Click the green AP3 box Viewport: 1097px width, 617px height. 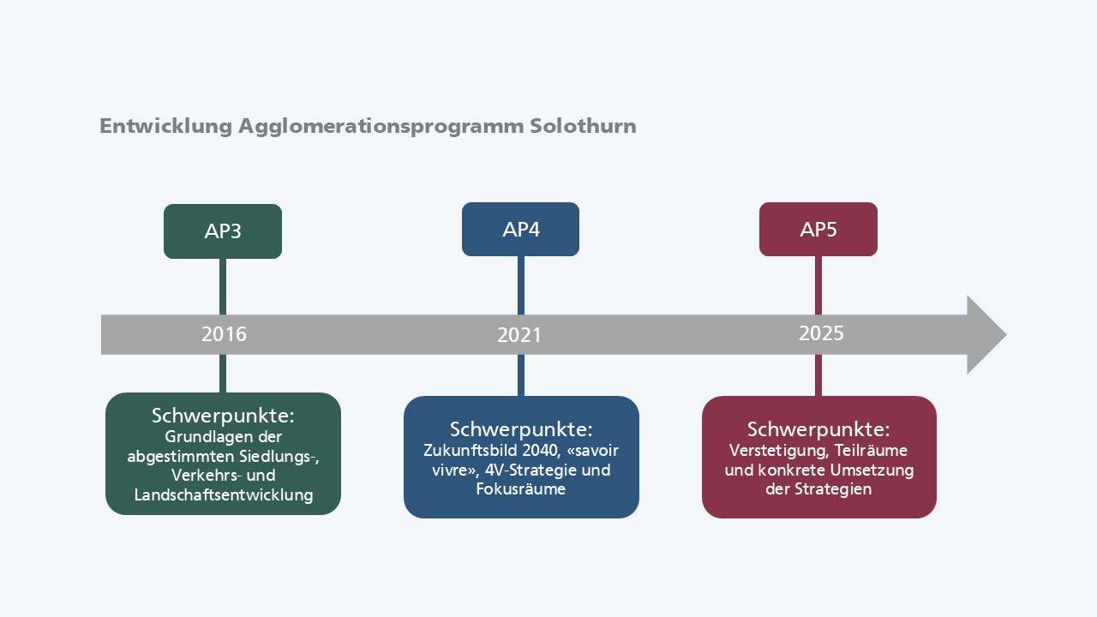[x=223, y=231]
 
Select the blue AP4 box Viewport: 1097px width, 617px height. [x=520, y=229]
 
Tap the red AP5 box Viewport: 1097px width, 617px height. [x=818, y=229]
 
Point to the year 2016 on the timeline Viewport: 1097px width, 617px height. [x=224, y=334]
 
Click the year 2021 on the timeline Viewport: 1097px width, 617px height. [x=519, y=335]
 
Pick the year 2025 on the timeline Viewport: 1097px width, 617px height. [x=821, y=333]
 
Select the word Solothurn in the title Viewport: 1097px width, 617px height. [x=583, y=126]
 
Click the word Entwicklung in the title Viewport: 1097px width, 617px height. [x=165, y=126]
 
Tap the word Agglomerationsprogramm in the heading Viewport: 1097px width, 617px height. [x=381, y=127]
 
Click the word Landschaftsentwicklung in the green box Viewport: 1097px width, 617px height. [x=224, y=494]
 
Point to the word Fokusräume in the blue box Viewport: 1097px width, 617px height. [x=520, y=488]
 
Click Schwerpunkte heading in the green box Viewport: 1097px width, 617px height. [x=223, y=416]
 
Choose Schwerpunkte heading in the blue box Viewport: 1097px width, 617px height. [x=521, y=429]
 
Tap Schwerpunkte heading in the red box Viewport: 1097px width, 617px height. [x=818, y=429]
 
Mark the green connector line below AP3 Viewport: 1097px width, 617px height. [x=223, y=286]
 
